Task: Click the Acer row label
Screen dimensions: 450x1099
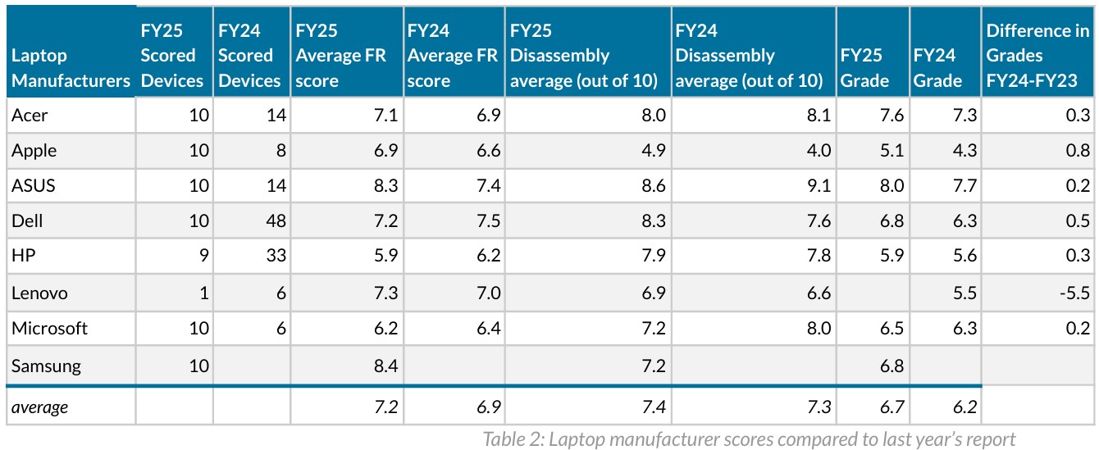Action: coord(30,116)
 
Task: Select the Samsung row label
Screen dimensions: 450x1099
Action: coord(46,366)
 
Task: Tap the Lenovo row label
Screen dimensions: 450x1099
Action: coord(39,293)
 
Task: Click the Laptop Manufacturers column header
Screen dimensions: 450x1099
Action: coord(71,69)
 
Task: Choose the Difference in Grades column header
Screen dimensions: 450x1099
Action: coord(1037,56)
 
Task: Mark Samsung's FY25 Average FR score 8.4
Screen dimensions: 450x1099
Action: coord(385,366)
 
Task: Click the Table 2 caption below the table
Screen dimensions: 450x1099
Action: coord(749,439)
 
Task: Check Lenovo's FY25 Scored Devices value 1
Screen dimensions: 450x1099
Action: coord(205,293)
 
